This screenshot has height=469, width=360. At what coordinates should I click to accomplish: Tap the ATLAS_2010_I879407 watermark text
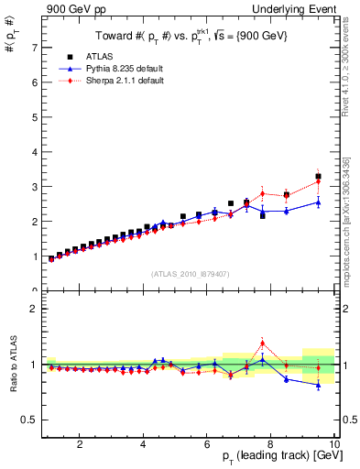pos(191,272)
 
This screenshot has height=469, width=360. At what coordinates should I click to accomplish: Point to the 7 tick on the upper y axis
pos(37,48)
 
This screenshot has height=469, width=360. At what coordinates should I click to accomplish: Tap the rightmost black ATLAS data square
pos(318,176)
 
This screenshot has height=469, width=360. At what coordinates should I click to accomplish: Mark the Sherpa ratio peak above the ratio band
pos(262,344)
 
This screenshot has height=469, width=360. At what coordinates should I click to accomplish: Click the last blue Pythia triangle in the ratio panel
pos(318,386)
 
